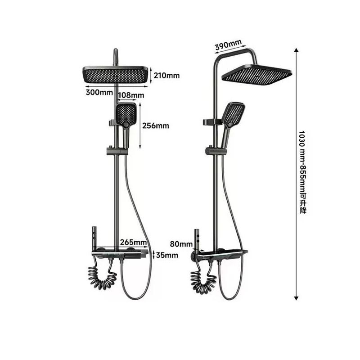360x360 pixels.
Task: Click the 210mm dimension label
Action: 166,76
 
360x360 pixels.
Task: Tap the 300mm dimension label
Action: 99,93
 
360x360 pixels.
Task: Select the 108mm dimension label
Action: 131,95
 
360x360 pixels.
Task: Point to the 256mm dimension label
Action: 156,126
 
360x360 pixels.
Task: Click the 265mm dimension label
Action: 134,243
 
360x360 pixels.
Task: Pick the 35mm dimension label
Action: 166,255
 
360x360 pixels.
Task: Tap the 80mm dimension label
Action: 181,244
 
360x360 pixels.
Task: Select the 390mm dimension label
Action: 228,44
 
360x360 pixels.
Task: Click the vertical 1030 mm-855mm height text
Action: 302,172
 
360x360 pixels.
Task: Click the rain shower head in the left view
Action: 115,74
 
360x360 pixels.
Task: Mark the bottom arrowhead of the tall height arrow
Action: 296,297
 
